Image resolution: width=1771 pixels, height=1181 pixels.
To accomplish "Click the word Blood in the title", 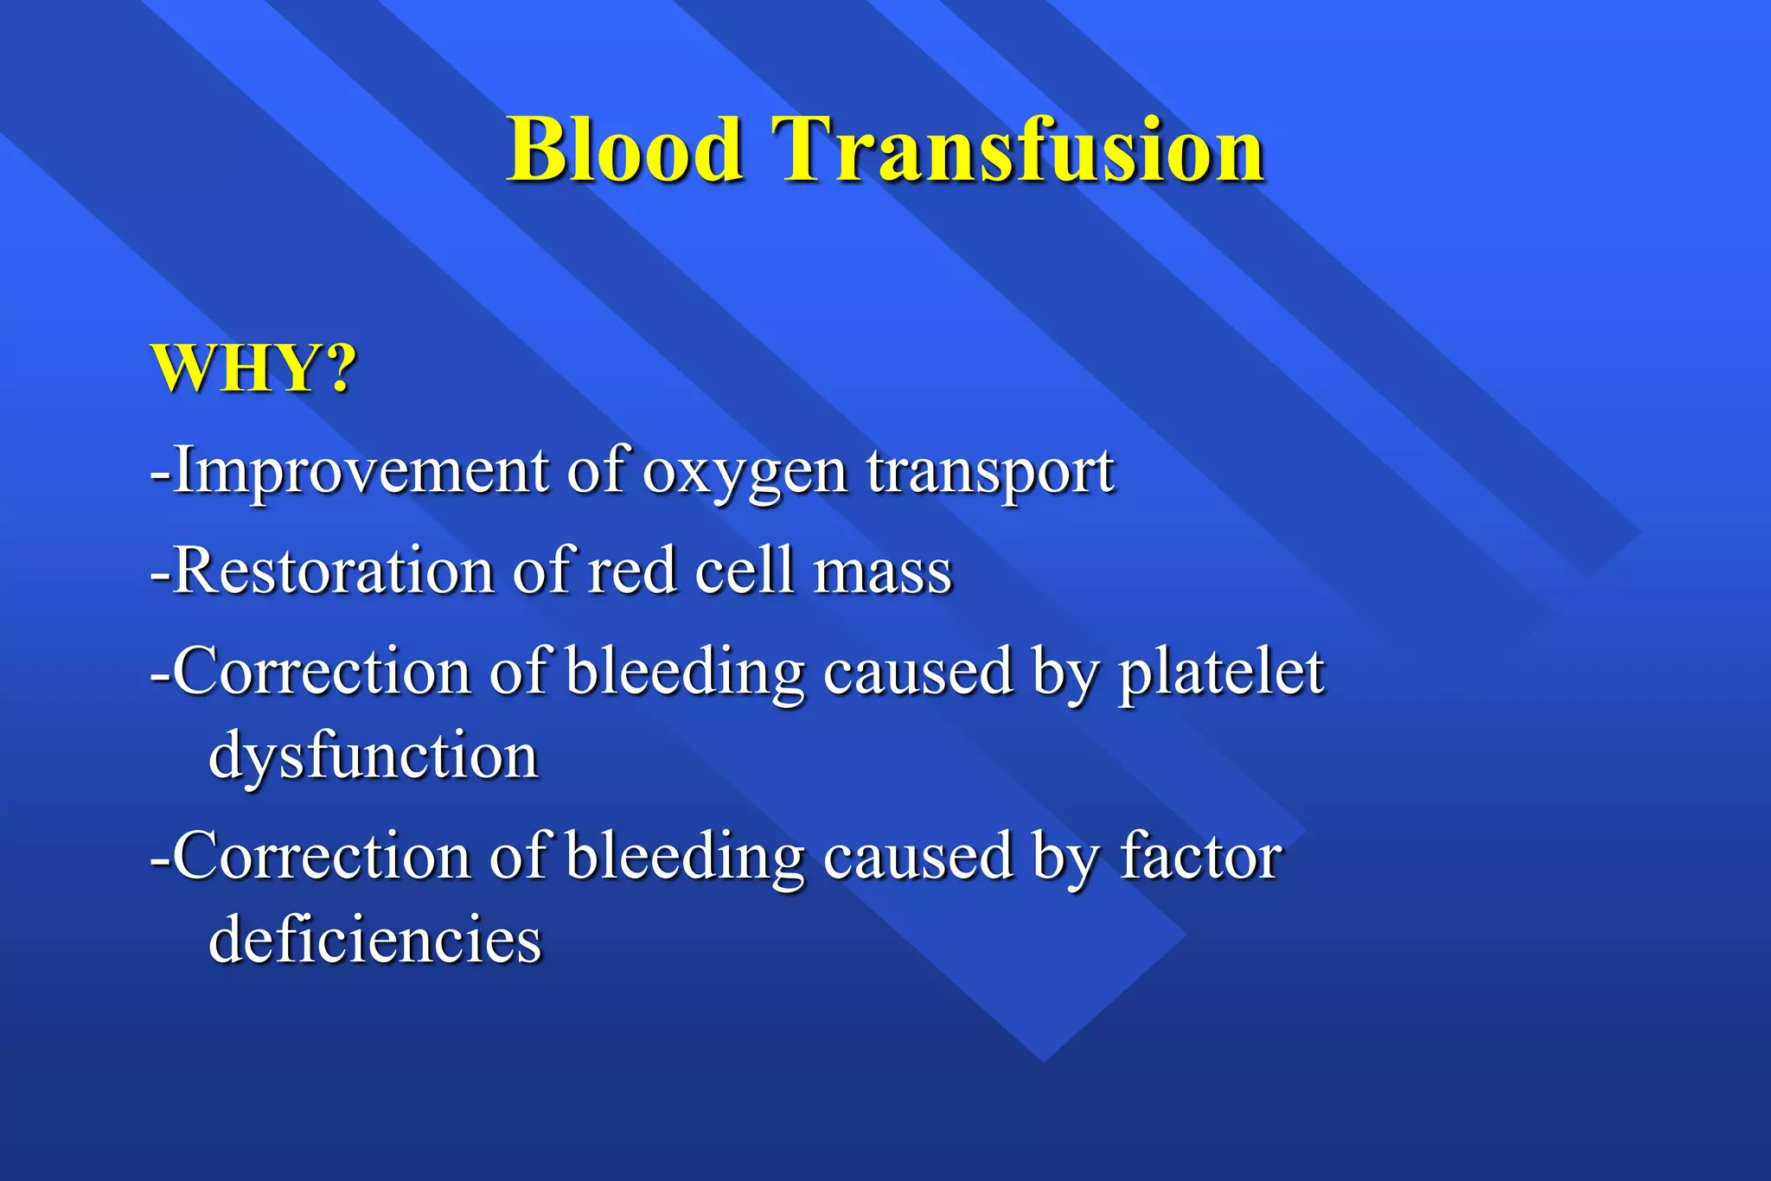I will coord(624,150).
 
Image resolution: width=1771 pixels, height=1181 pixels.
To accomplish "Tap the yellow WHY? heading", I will coord(253,369).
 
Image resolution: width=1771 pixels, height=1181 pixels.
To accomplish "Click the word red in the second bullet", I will coord(631,571).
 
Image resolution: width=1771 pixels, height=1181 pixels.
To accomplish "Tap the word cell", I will coord(744,571).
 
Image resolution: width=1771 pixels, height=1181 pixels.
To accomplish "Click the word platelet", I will coord(1221,673).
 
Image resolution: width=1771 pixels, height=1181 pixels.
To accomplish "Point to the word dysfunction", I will coord(374,756).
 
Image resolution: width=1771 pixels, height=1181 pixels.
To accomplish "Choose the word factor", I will coord(1201,857).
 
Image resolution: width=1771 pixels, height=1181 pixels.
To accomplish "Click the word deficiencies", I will coord(375,940).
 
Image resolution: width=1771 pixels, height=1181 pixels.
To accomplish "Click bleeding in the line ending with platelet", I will coord(685,673).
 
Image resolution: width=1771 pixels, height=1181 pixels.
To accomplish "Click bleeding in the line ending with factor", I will coord(685,857).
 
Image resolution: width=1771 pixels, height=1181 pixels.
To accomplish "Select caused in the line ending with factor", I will coord(917,857).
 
